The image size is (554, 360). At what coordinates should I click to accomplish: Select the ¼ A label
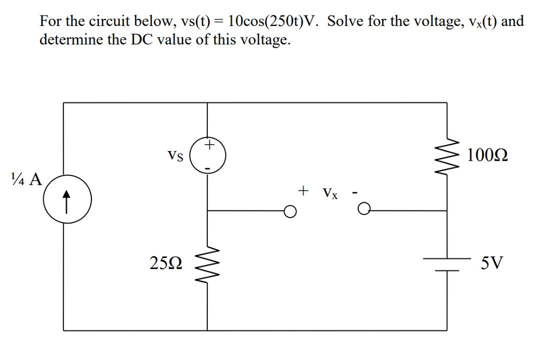pos(27,179)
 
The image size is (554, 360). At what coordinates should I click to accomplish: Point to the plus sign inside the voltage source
pos(209,145)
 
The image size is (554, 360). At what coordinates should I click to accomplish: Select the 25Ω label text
pos(166,264)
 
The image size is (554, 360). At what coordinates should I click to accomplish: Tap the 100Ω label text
pos(487,156)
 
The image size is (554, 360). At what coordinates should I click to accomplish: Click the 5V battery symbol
pos(446,264)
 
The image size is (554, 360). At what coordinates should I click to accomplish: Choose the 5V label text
pos(492,264)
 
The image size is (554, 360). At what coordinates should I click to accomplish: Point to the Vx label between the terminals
pos(330,193)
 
